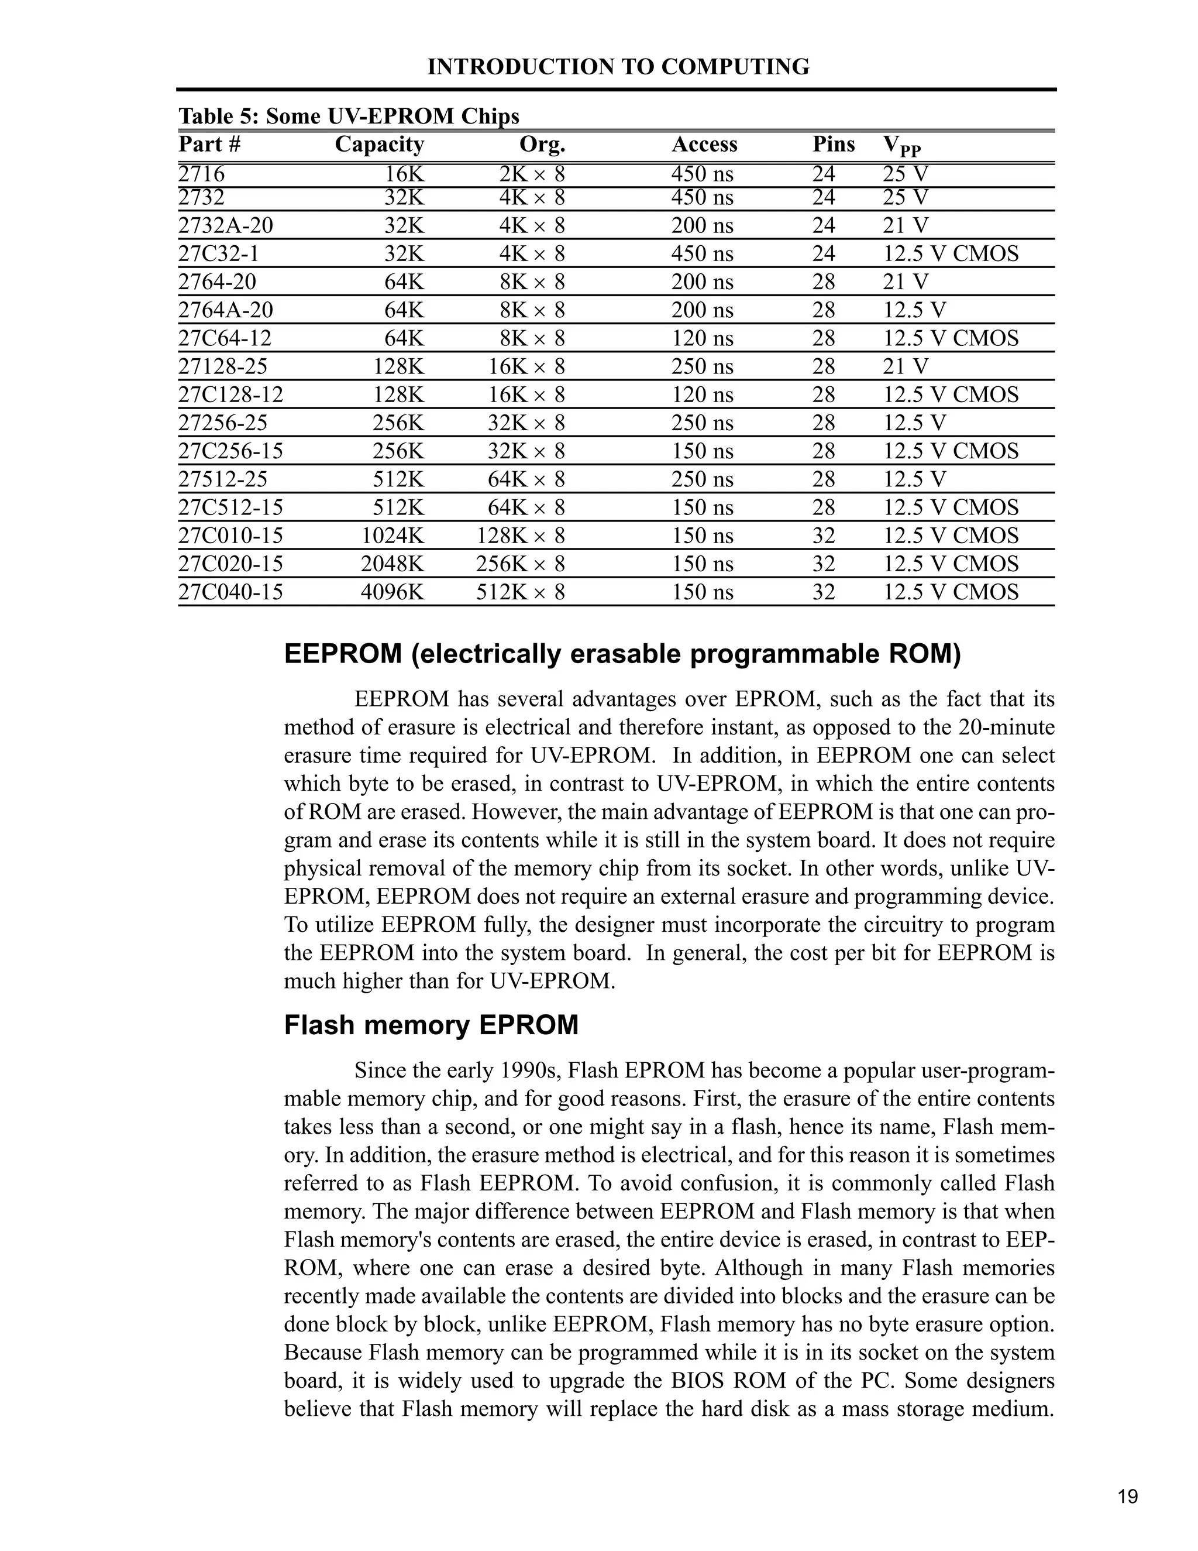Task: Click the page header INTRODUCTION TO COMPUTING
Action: (x=618, y=67)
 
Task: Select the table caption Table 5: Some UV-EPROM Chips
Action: (x=349, y=116)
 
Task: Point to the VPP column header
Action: (x=901, y=146)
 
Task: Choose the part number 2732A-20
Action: (x=225, y=226)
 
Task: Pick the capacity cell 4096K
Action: (x=392, y=592)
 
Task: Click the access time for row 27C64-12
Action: (x=702, y=338)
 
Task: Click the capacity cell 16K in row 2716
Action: (x=404, y=174)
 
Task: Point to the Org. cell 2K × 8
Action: (x=532, y=174)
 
